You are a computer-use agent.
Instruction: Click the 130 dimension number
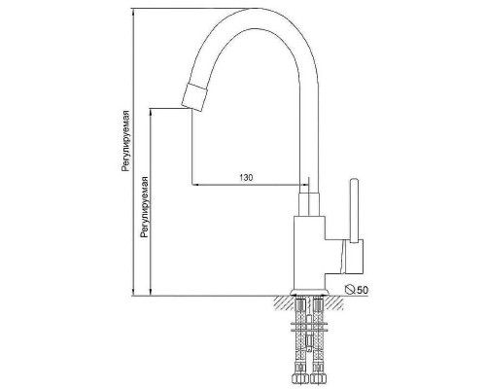coord(246,177)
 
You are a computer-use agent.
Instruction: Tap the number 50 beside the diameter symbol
coord(363,290)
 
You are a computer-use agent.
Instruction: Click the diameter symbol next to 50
coord(350,289)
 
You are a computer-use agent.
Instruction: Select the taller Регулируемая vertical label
coord(125,141)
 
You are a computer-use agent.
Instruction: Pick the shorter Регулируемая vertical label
coord(144,207)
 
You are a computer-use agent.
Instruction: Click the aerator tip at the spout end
coord(193,98)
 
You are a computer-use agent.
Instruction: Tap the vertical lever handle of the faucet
coord(354,210)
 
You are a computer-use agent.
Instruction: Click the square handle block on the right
coord(354,257)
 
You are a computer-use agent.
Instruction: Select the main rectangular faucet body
coord(309,252)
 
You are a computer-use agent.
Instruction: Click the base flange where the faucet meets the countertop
coord(310,293)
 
